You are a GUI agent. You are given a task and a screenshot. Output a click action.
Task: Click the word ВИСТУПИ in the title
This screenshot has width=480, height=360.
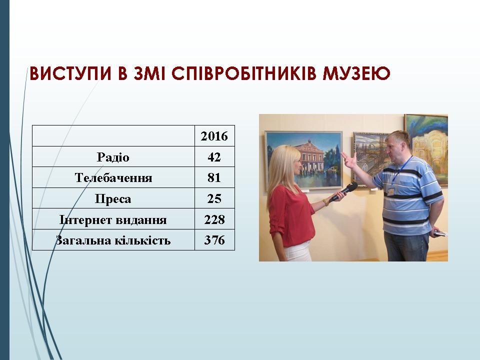(x=70, y=73)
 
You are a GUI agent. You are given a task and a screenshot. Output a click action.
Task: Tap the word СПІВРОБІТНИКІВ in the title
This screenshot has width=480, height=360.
(x=243, y=73)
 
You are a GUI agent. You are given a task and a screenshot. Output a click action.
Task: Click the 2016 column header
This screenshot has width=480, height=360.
(x=214, y=136)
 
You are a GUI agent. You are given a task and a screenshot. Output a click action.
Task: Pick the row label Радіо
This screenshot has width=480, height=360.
(x=113, y=157)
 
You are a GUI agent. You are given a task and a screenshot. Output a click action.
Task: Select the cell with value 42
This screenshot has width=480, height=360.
(x=214, y=157)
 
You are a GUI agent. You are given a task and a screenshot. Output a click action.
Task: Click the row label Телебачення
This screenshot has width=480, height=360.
(x=113, y=178)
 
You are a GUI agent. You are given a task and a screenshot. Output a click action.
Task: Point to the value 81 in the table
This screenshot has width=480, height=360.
(x=214, y=178)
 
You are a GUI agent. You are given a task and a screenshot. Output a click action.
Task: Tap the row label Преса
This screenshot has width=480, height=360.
(x=113, y=199)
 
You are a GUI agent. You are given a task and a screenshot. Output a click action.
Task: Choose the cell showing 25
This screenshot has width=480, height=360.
(x=214, y=198)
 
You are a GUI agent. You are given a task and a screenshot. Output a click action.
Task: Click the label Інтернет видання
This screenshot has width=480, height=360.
(x=113, y=220)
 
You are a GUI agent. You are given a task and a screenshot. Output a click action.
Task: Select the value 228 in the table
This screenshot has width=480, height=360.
(x=214, y=220)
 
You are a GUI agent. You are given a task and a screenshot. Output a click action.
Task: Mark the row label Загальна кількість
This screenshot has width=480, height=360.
(x=113, y=240)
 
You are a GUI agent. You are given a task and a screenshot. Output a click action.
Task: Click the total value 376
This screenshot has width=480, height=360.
(x=214, y=240)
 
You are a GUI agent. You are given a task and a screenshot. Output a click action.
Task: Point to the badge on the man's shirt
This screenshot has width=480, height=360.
(x=390, y=191)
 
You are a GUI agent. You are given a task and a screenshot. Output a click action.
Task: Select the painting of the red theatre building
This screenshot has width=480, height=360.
(x=303, y=159)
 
